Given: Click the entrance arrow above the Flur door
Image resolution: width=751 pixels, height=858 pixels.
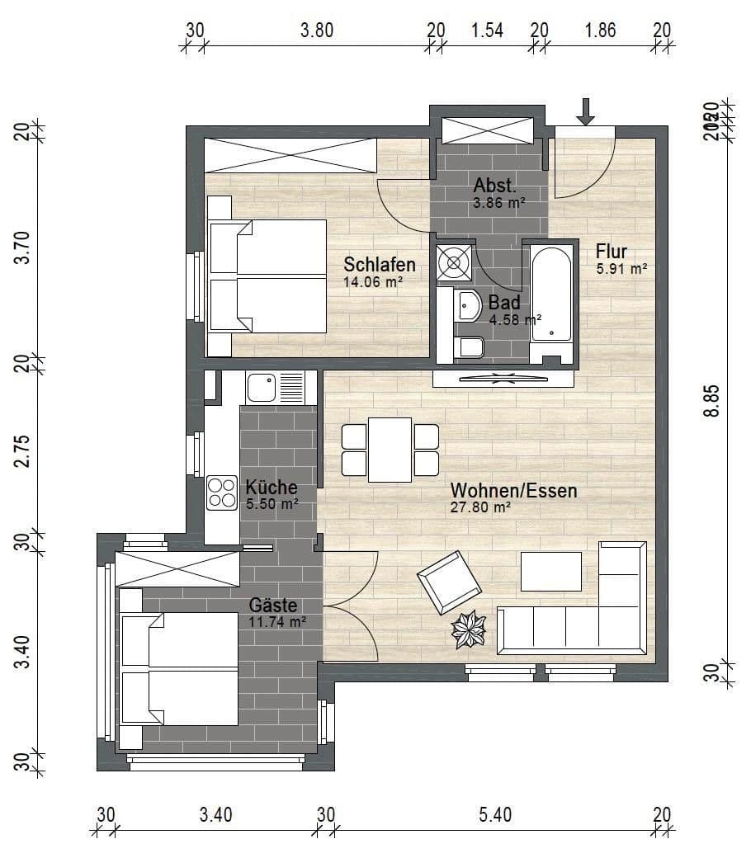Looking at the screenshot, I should (x=585, y=111).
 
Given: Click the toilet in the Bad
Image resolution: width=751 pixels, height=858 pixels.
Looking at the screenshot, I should (x=468, y=347).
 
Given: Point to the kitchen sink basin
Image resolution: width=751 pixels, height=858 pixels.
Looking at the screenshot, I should (x=262, y=386).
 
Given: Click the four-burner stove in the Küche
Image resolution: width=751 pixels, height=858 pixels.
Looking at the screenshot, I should (x=221, y=493).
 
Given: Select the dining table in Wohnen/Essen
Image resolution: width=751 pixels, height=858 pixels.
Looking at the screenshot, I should (x=390, y=450).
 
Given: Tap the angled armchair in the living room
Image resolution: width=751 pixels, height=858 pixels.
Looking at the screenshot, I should (x=449, y=582).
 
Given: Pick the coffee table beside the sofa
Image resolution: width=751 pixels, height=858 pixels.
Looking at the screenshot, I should (x=551, y=571).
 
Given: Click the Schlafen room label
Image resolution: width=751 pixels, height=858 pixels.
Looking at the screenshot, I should (x=379, y=265).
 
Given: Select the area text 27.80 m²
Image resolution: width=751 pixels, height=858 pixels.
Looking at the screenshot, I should (x=480, y=508).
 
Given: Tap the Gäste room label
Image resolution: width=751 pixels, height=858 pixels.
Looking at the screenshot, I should (x=273, y=606).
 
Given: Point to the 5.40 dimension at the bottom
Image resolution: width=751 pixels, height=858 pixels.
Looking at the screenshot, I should (x=495, y=815).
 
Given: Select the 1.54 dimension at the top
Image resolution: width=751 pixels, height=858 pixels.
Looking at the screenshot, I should (x=487, y=31).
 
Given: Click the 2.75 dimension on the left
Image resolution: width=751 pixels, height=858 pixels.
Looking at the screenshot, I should (x=24, y=450).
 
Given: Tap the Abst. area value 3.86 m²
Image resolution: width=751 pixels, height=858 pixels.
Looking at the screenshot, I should (x=498, y=201).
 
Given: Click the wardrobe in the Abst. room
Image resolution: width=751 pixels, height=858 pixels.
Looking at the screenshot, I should (x=486, y=131).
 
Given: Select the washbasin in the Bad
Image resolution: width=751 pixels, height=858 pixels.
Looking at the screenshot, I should (x=467, y=305).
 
